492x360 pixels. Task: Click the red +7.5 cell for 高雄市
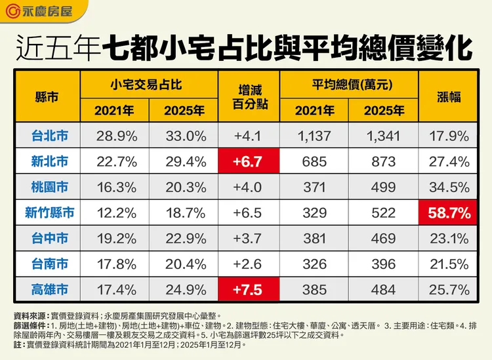pyautogui.click(x=248, y=289)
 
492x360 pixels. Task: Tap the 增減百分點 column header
pyautogui.click(x=248, y=97)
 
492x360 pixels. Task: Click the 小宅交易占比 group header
pyautogui.click(x=149, y=84)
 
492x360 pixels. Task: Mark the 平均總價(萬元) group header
pyautogui.click(x=348, y=84)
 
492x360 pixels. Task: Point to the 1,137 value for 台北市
pyautogui.click(x=314, y=136)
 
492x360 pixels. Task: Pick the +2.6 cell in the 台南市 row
pyautogui.click(x=248, y=264)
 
